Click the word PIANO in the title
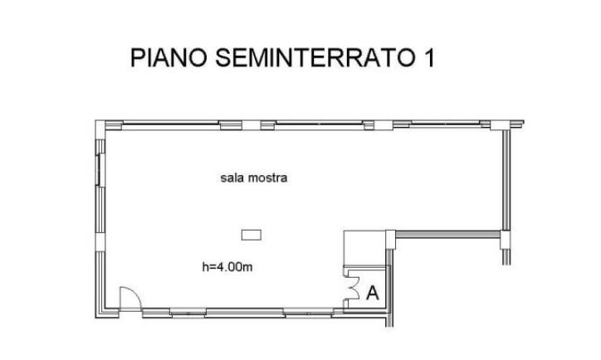pos(169,57)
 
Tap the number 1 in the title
pos(429,57)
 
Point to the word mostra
pos(268,178)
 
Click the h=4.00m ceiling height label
pos(227,266)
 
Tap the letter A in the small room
pos(372,294)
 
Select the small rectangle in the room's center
pos(252,235)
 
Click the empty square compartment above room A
pos(364,247)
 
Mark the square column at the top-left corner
pos(100,125)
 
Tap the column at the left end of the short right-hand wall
pos(390,240)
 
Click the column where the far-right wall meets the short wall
pos(506,240)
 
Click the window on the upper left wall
pos(99,170)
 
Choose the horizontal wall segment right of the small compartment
pos(448,234)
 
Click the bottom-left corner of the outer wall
pos(95,318)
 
